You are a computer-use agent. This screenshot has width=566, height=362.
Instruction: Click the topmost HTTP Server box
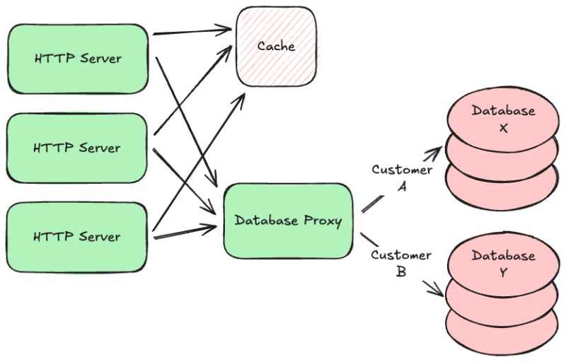click(78, 59)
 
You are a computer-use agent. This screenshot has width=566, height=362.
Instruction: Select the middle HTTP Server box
click(77, 148)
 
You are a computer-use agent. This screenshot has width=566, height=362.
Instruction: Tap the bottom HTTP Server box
click(77, 237)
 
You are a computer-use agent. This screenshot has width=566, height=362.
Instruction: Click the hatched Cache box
click(277, 47)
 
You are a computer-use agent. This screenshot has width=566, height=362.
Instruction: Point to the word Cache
click(276, 46)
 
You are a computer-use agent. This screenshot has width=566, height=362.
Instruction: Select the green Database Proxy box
click(288, 221)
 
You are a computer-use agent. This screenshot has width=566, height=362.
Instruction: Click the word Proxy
click(323, 221)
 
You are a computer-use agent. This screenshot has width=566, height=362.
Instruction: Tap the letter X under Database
click(503, 128)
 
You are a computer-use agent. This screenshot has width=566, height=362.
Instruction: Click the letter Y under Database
click(503, 273)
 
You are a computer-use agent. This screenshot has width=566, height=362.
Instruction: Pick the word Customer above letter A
click(402, 170)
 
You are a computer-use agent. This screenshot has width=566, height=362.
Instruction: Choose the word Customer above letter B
click(401, 255)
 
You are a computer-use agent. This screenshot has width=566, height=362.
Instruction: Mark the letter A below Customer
click(402, 187)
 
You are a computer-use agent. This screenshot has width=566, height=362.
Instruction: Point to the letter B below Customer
click(401, 271)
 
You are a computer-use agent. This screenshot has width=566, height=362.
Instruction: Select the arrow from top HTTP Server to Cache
click(192, 31)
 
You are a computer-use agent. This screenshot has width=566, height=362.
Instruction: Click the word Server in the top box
click(100, 59)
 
